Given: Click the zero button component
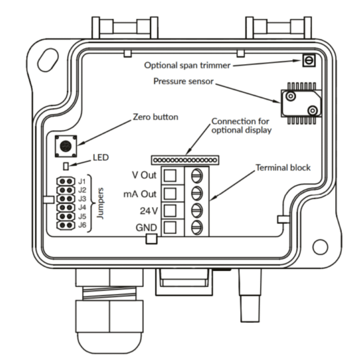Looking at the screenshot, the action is tap(66, 146).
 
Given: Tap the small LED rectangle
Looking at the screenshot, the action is tap(66, 166).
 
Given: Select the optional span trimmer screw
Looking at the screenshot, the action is tap(309, 61).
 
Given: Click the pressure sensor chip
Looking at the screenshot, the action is tap(301, 103).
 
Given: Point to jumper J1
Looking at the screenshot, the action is tap(66, 181).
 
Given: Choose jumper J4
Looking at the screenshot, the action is tap(66, 207).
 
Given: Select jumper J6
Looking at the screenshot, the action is tap(66, 225).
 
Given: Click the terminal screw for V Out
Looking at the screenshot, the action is tap(197, 176).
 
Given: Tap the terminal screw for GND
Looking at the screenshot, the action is tap(197, 227).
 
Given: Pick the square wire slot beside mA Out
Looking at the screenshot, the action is tap(170, 194).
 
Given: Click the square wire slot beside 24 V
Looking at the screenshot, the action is tap(170, 211).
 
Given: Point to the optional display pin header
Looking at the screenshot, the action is tap(185, 160).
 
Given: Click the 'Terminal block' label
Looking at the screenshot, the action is tap(283, 168).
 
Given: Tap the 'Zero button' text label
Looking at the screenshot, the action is tap(156, 117).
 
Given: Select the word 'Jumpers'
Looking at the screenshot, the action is tap(100, 203).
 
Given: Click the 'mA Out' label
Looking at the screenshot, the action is tap(140, 194).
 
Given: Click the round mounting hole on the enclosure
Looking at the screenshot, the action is tap(320, 247).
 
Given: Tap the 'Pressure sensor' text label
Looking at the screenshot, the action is tap(183, 81).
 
